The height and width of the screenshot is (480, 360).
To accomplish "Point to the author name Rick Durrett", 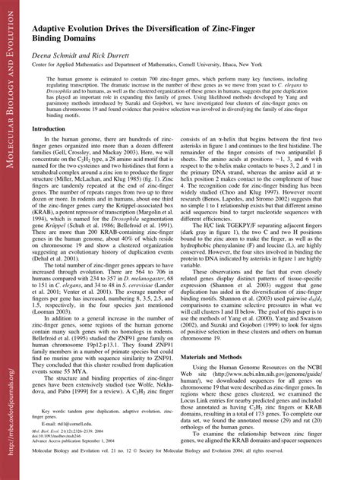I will [118, 55].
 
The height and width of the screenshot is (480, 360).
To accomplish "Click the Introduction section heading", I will [49, 128].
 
